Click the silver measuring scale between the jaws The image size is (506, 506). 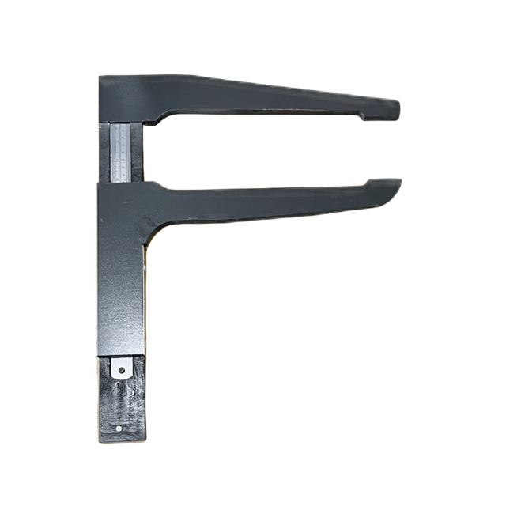(x=121, y=153)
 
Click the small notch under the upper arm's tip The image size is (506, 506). (x=363, y=117)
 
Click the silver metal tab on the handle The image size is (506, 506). (x=121, y=368)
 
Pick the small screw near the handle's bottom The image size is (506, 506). (x=119, y=429)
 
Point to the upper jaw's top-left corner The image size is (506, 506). (x=101, y=78)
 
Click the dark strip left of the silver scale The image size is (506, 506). (x=105, y=153)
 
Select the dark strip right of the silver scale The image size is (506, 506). (x=138, y=153)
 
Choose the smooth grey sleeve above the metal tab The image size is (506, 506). (x=121, y=300)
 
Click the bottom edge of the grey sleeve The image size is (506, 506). (x=121, y=353)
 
